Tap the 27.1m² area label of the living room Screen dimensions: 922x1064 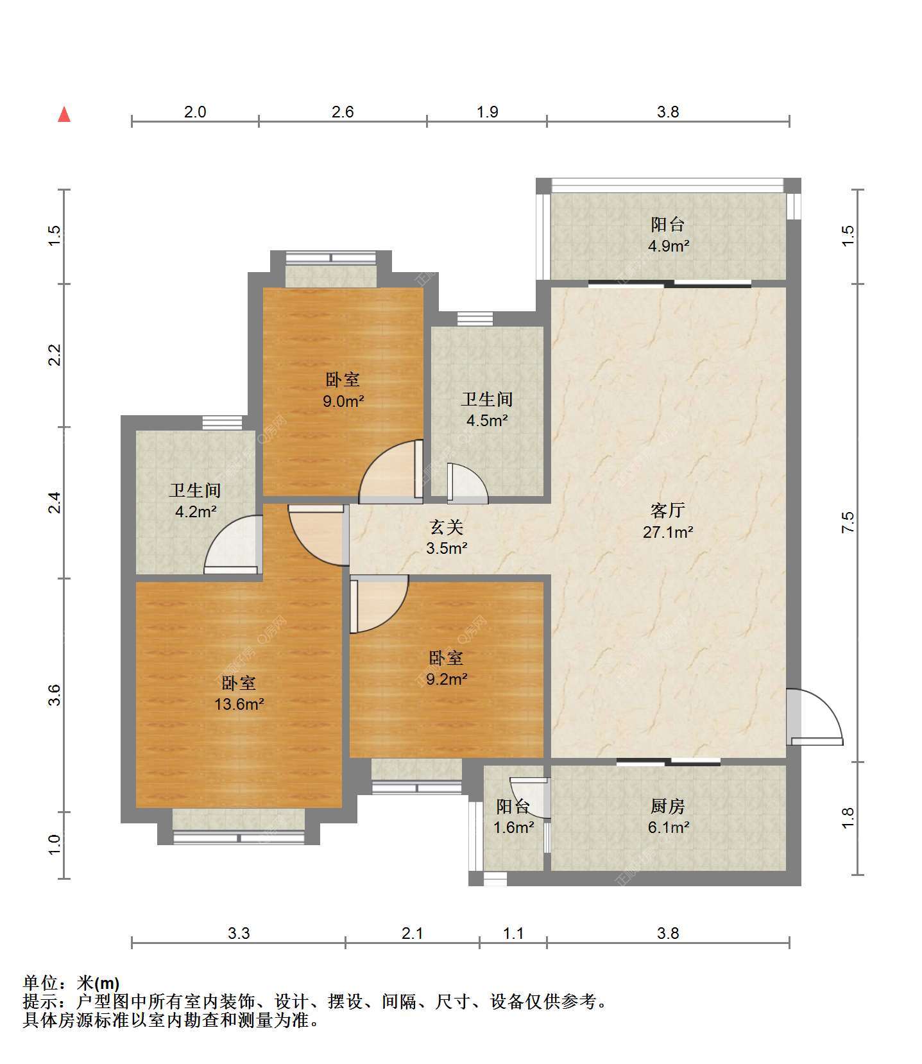(668, 532)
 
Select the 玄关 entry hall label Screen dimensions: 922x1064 (447, 527)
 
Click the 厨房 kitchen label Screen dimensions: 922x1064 (668, 805)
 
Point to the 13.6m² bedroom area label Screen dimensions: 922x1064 (239, 704)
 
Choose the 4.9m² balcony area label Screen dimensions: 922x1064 (668, 246)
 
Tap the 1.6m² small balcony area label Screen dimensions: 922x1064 (513, 828)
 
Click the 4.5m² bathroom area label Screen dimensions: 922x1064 (487, 421)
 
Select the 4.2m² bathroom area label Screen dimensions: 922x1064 (195, 512)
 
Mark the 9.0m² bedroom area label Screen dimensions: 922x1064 (343, 402)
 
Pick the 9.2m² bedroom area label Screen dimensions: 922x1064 (447, 679)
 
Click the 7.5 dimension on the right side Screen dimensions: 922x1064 (848, 522)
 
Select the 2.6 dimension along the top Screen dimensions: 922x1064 (343, 112)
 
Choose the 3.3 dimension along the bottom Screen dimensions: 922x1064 (239, 933)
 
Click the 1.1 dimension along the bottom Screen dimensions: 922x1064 (513, 933)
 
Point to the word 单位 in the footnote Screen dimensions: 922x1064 (40, 982)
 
